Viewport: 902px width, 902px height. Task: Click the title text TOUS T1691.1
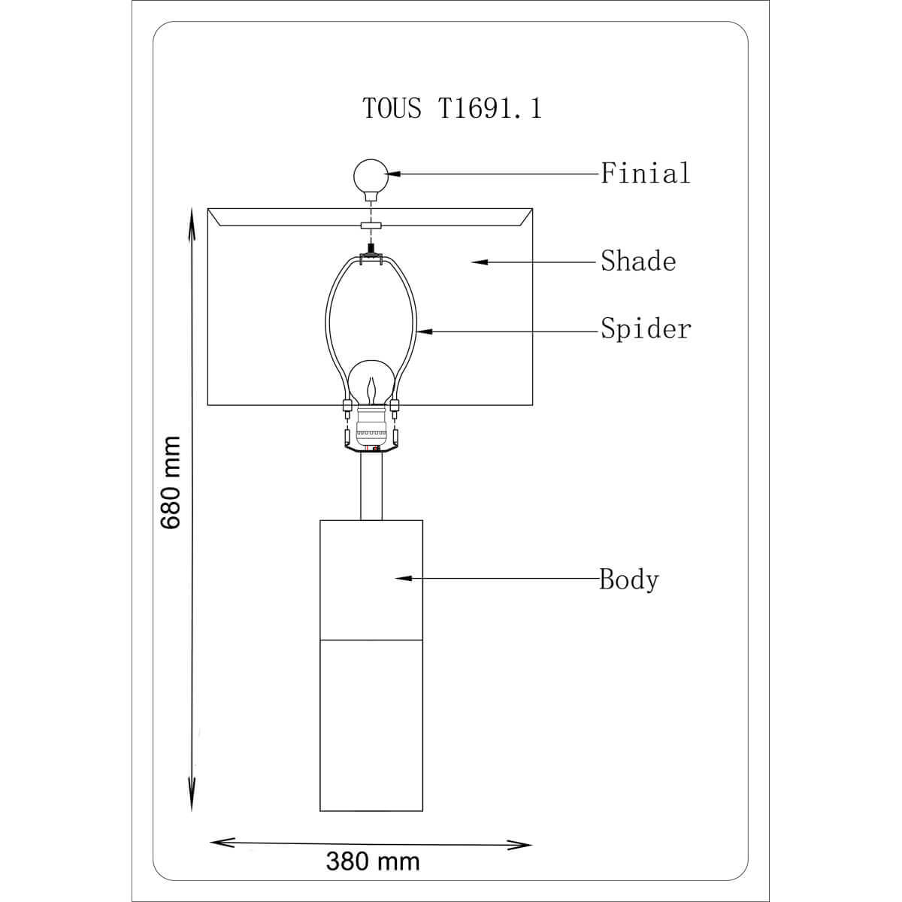pos(453,108)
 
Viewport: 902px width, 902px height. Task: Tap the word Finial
pos(646,173)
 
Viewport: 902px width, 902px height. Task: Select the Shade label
pos(638,261)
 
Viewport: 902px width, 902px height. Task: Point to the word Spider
pos(646,329)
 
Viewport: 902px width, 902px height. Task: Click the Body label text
pos(629,579)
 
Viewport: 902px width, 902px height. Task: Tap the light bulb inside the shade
pos(371,383)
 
